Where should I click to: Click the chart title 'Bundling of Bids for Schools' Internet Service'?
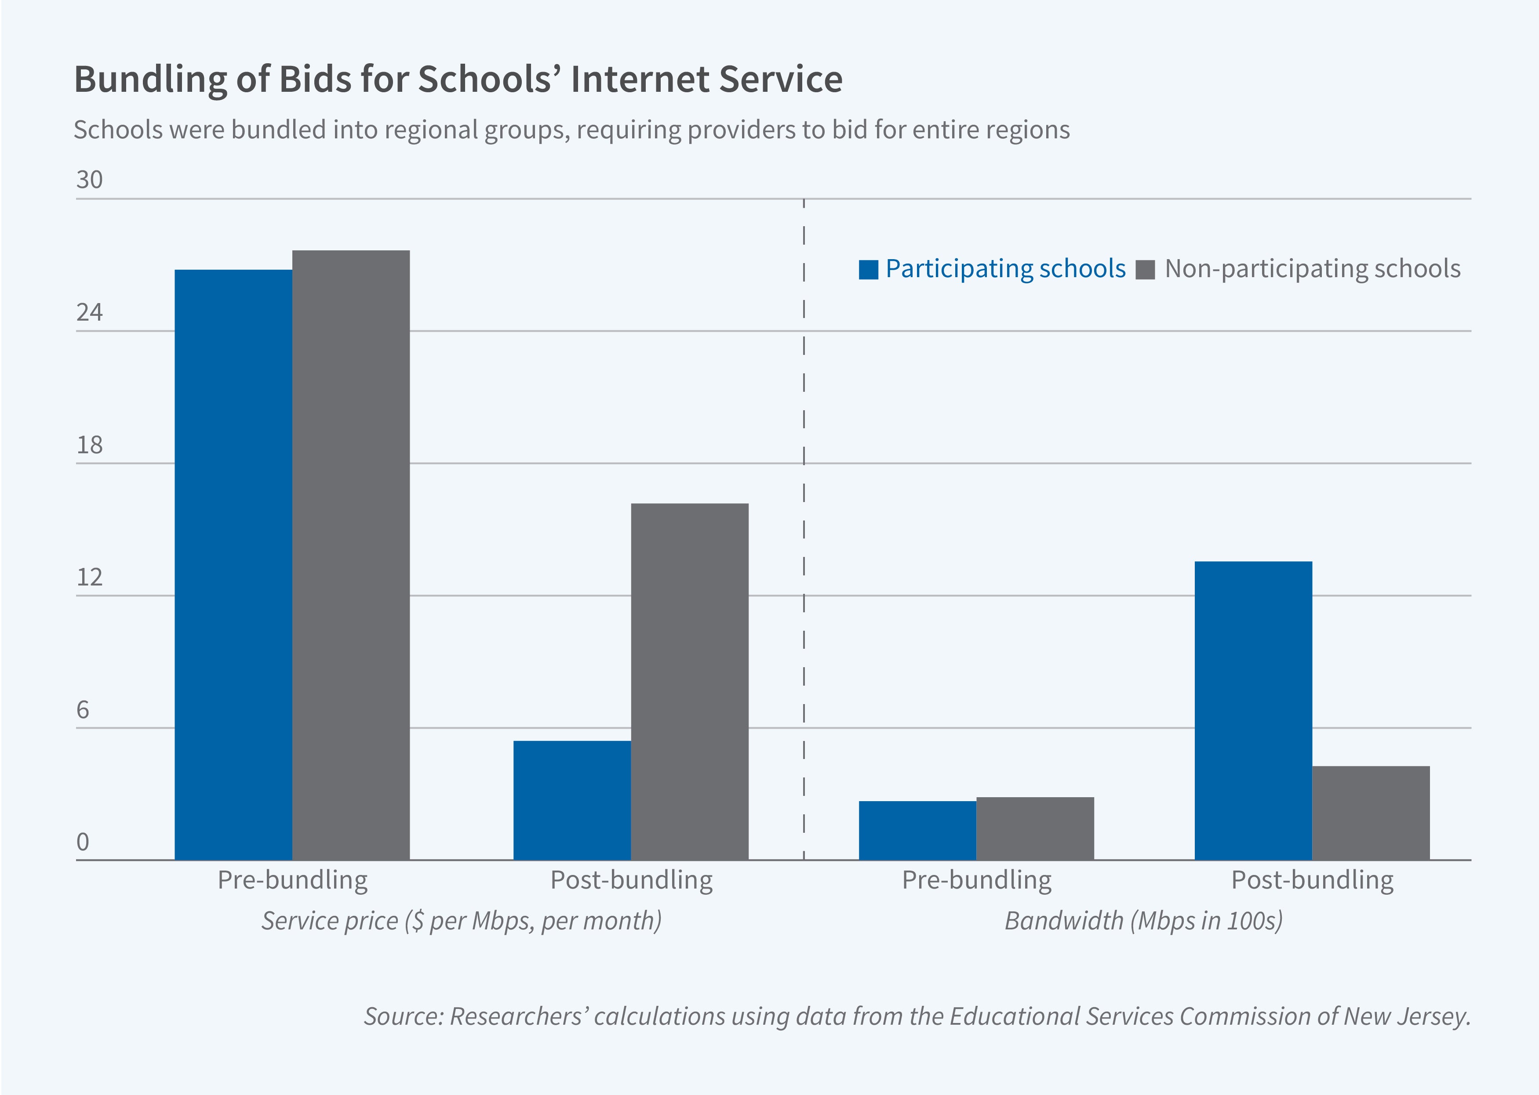(x=458, y=79)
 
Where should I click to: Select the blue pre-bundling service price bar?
(x=233, y=564)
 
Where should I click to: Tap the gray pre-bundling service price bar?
(x=350, y=555)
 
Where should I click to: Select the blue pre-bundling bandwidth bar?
(x=917, y=830)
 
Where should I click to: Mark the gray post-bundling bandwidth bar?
(x=1370, y=813)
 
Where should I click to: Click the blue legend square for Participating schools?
(x=868, y=270)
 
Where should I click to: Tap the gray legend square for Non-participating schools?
(x=1145, y=270)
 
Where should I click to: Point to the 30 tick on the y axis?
(x=89, y=180)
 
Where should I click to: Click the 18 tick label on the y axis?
(x=89, y=445)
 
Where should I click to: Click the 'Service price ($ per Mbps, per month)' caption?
(x=462, y=920)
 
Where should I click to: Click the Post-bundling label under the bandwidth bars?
(x=1312, y=880)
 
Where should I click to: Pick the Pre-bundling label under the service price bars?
(x=292, y=880)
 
